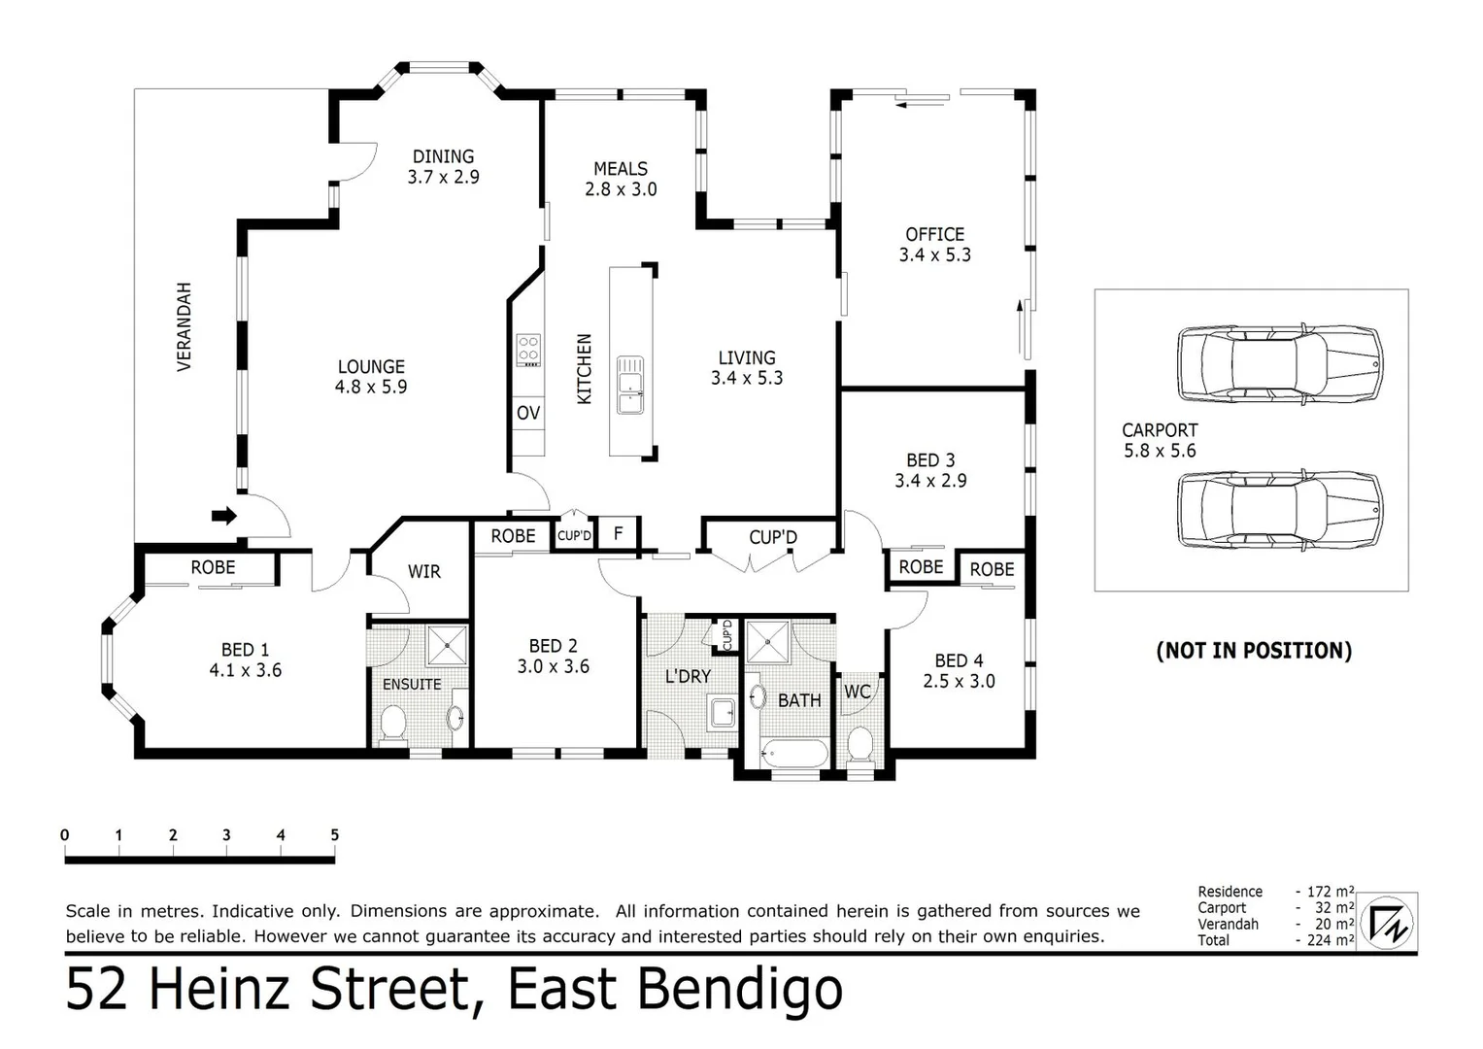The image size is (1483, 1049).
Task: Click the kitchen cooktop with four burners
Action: click(528, 351)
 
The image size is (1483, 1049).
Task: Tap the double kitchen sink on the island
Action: click(630, 386)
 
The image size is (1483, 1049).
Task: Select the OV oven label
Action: click(528, 413)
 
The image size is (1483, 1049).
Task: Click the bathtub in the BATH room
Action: click(793, 753)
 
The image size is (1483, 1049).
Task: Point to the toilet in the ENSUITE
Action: click(392, 726)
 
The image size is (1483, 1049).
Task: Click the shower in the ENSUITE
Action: click(447, 645)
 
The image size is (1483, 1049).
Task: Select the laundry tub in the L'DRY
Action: click(723, 713)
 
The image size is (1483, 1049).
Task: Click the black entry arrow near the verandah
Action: click(223, 516)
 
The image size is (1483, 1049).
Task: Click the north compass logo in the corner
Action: click(1387, 923)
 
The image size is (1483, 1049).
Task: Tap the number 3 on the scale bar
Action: click(226, 835)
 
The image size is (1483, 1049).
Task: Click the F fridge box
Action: click(618, 533)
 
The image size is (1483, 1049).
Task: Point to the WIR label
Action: click(423, 571)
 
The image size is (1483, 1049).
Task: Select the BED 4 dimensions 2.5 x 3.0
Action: click(959, 682)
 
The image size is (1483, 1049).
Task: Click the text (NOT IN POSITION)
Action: click(1254, 651)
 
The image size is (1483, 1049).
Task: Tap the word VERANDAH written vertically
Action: click(185, 326)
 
